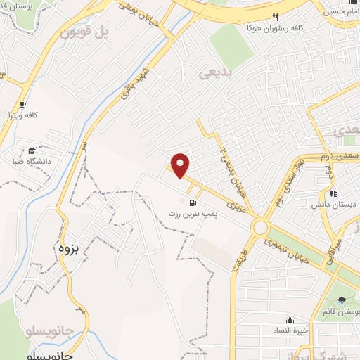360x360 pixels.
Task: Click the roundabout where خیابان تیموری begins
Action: pyautogui.click(x=261, y=226)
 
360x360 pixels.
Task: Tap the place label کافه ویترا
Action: pyautogui.click(x=23, y=114)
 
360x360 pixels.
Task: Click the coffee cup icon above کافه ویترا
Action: pyautogui.click(x=23, y=103)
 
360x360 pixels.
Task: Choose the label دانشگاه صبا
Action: pyautogui.click(x=31, y=161)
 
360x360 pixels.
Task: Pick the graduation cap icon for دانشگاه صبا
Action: pyautogui.click(x=32, y=150)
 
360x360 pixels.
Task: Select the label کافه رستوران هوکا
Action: pyautogui.click(x=276, y=28)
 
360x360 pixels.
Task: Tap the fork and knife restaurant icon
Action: pyautogui.click(x=276, y=18)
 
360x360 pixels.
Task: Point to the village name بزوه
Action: pyautogui.click(x=66, y=248)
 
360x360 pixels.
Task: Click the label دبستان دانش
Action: pyautogui.click(x=333, y=205)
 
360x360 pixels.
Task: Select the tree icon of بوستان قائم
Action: pyautogui.click(x=342, y=301)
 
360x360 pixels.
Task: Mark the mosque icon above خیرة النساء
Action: pyautogui.click(x=289, y=319)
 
